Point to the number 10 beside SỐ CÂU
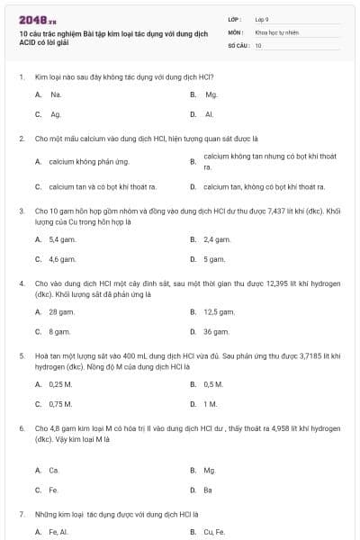[258, 44]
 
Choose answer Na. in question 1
[56, 94]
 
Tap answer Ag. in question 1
[56, 114]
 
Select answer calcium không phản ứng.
[88, 162]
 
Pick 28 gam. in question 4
[60, 311]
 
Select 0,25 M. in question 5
[60, 384]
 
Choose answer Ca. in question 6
[56, 470]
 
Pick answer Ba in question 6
[209, 490]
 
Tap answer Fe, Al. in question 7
[59, 532]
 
